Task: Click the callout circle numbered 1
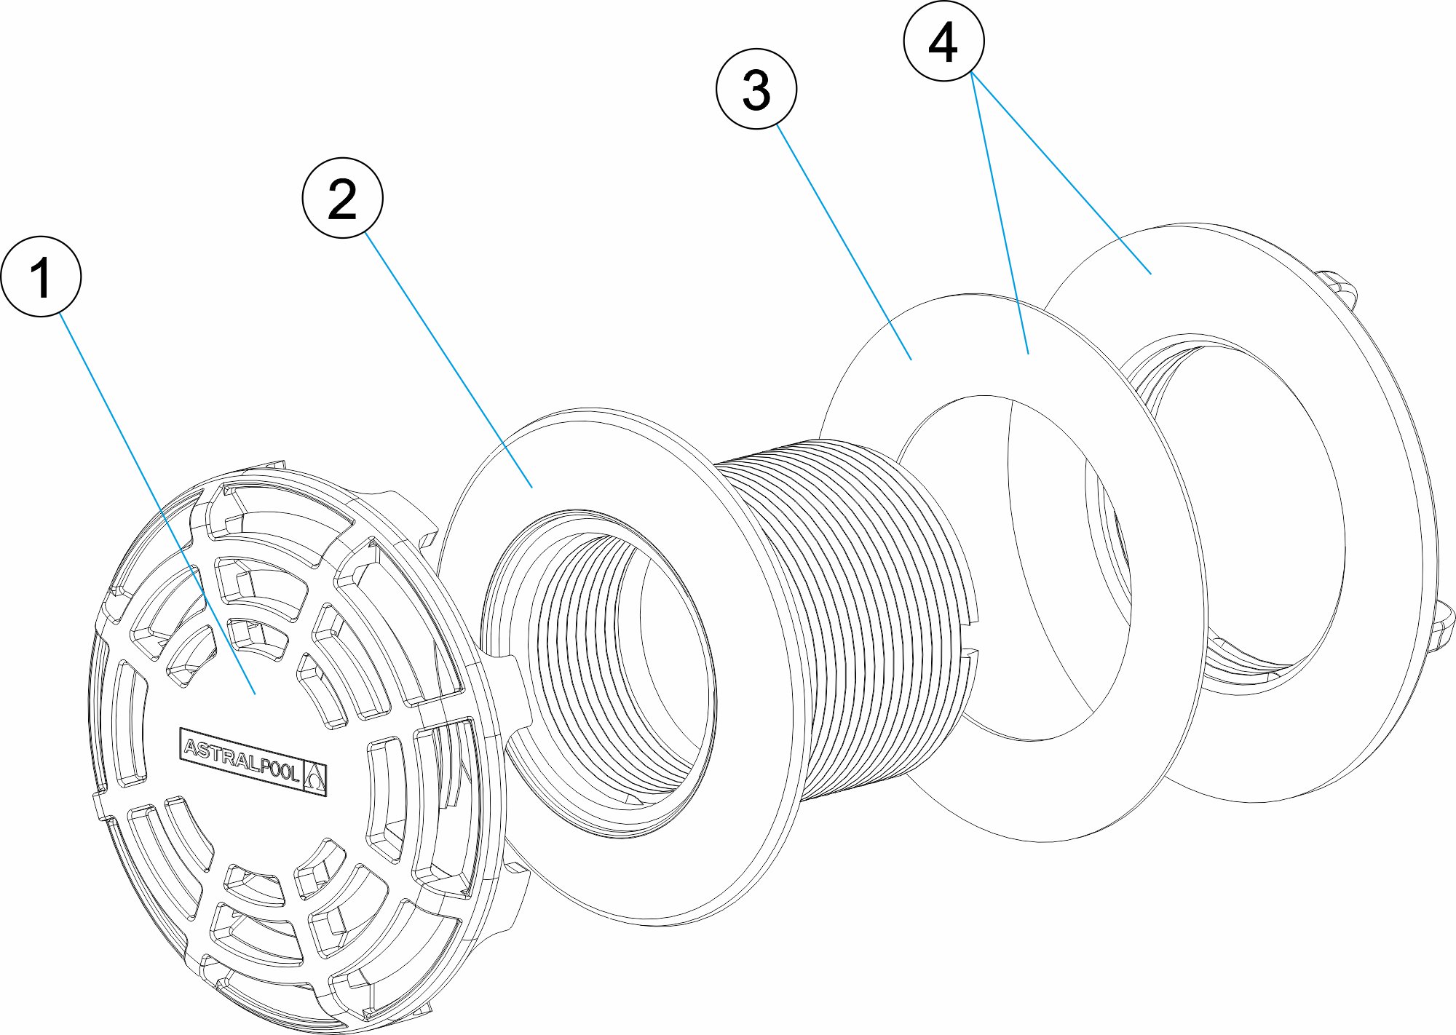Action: pos(41,277)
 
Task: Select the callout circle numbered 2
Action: pos(342,197)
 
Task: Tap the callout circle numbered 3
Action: pos(756,90)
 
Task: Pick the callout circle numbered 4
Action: pos(943,41)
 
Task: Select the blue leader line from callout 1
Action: pos(146,480)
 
